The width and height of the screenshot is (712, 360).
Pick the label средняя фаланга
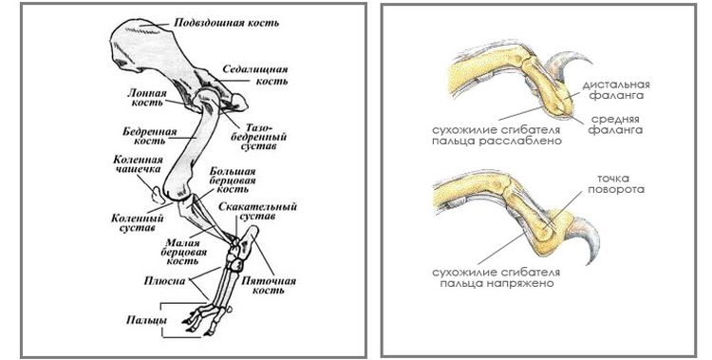coord(622,123)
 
